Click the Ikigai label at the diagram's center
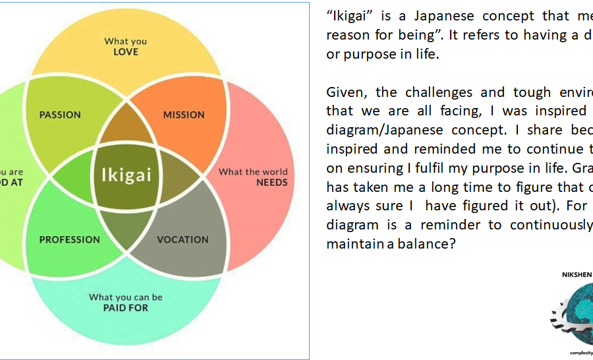(x=126, y=175)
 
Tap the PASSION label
(x=60, y=115)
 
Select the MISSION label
(x=184, y=115)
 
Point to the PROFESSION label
(x=70, y=239)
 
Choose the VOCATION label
(x=183, y=239)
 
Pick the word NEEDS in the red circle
(x=271, y=183)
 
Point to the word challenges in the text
(x=431, y=92)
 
